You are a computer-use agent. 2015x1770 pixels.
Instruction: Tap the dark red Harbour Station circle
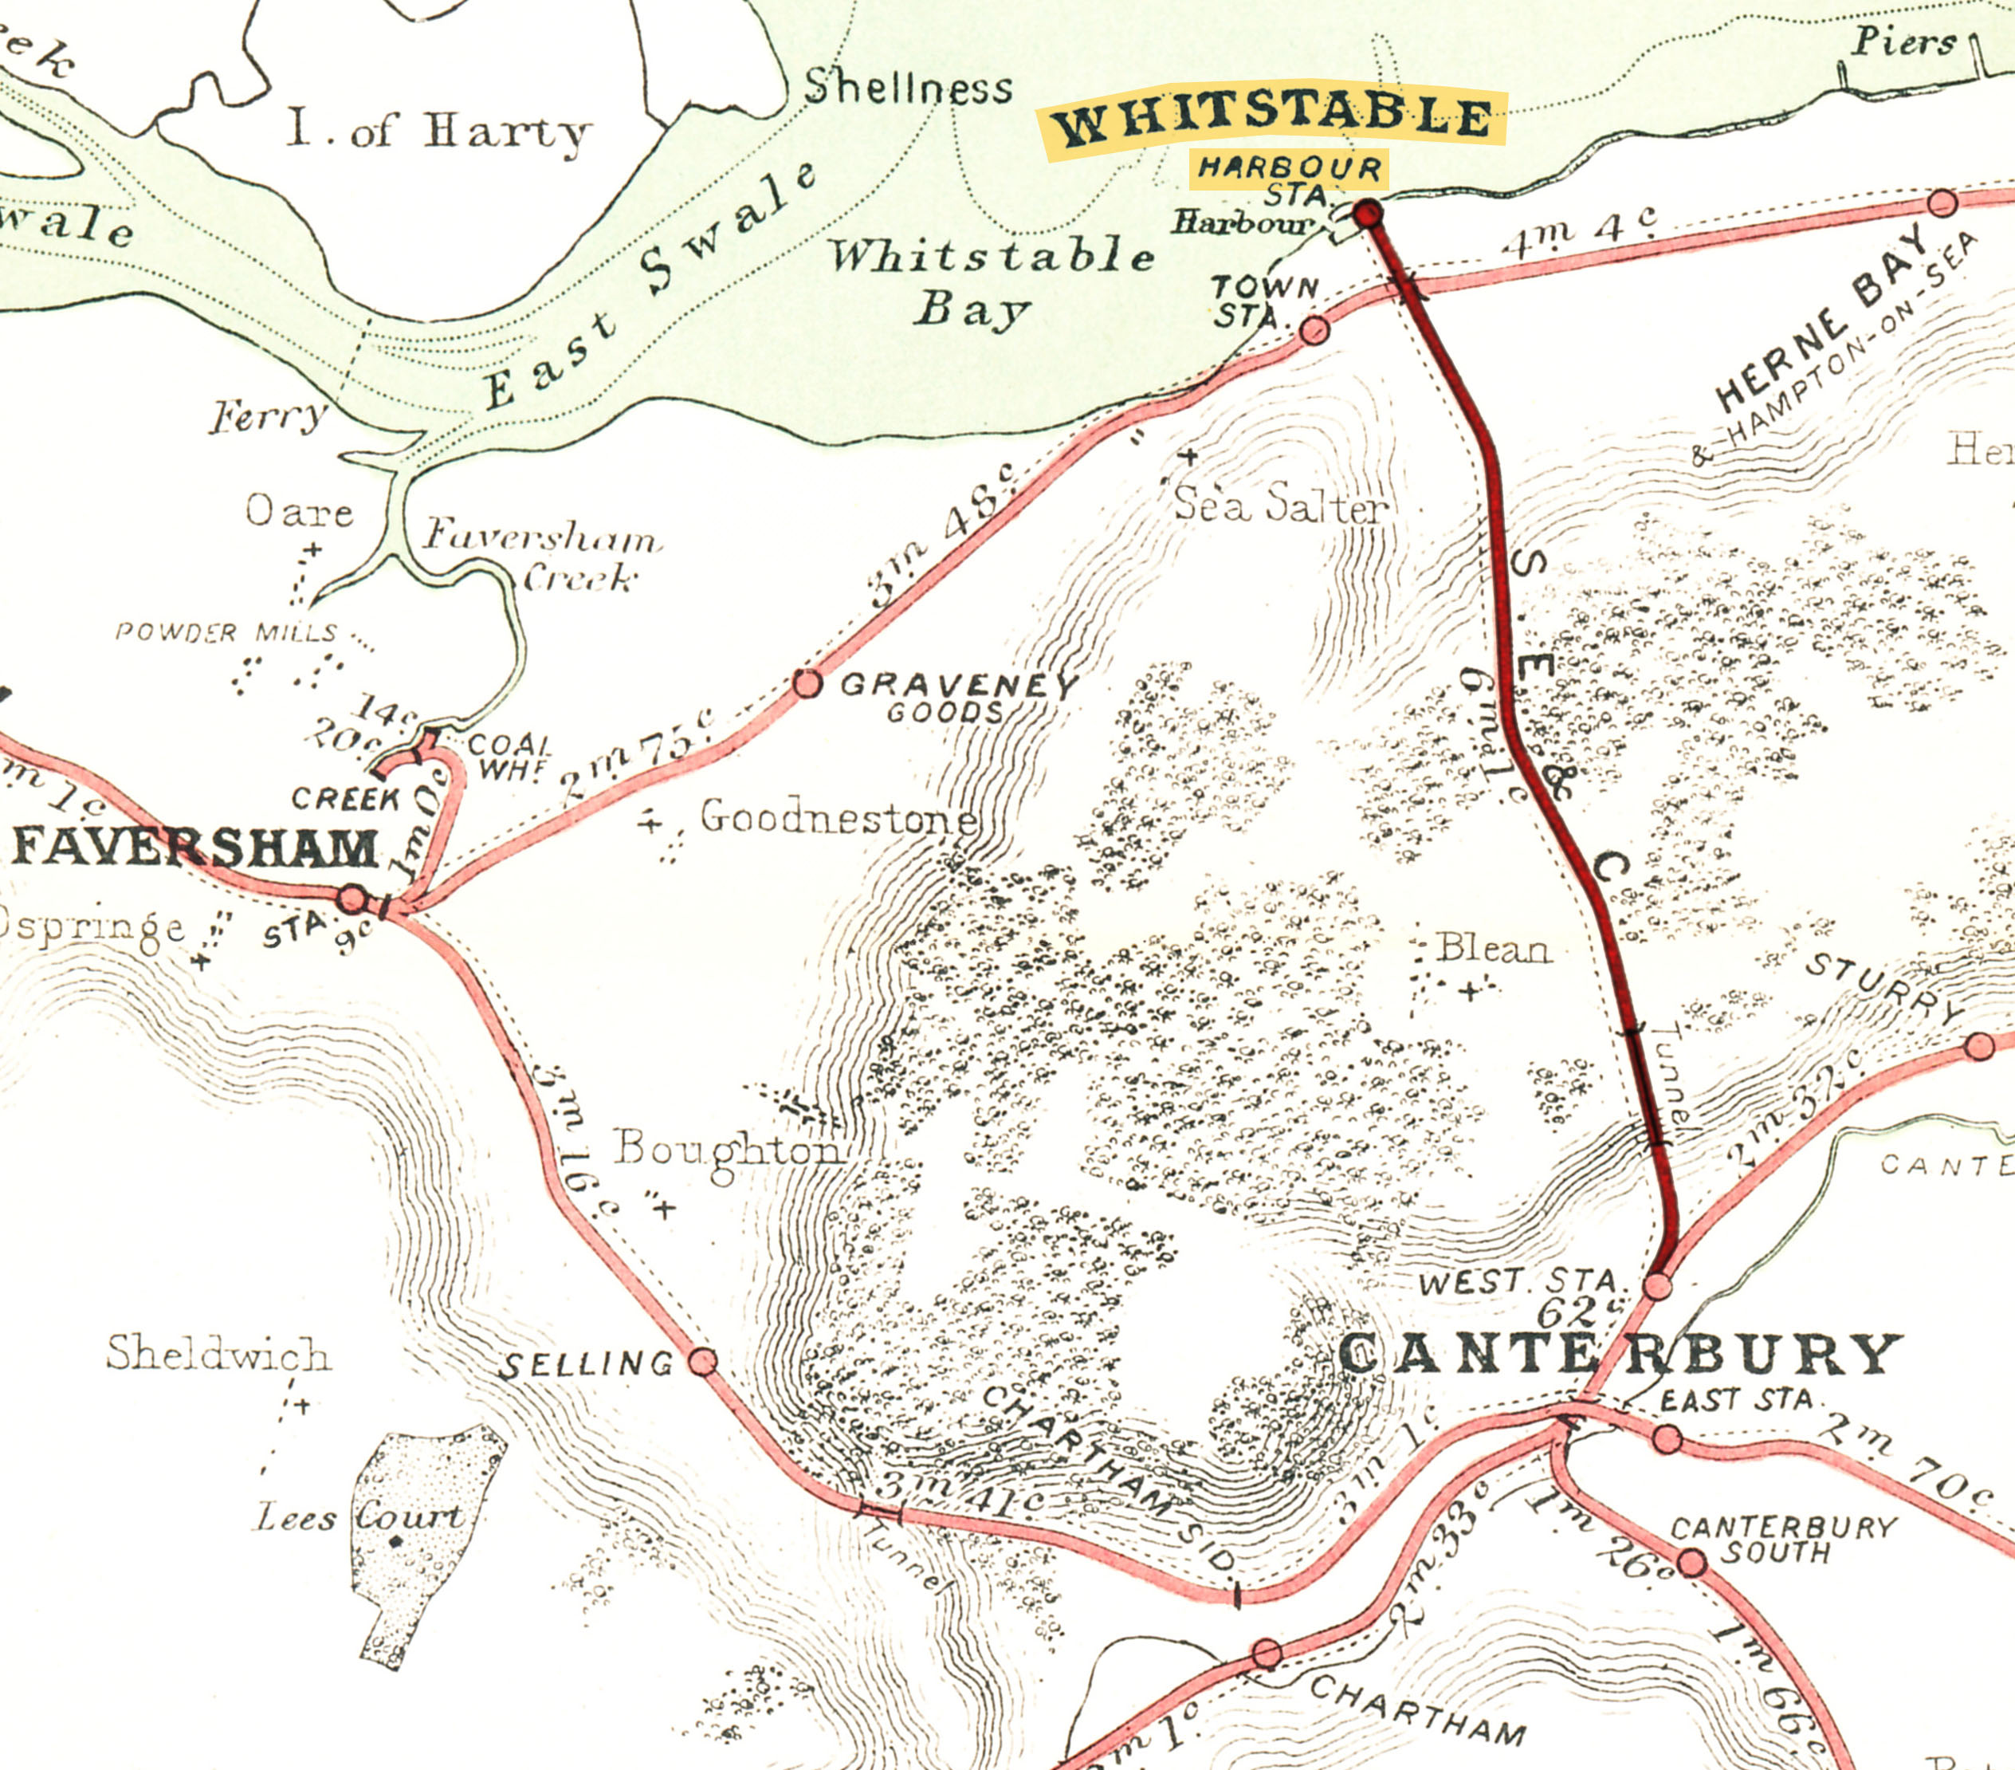[1367, 213]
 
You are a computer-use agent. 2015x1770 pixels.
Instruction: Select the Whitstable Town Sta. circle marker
[1314, 330]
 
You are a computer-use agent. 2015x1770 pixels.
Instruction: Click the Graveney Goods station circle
[807, 683]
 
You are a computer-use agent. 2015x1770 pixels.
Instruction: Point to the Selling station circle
[702, 1362]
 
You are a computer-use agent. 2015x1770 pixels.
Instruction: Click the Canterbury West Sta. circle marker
[1658, 1286]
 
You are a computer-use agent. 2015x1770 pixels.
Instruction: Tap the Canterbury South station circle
[1691, 1563]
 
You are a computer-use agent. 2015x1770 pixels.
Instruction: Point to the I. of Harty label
[438, 131]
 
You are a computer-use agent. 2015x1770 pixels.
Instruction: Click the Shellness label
[908, 88]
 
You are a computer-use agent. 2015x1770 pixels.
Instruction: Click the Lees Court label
[359, 1516]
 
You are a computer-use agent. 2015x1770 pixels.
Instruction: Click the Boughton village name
[728, 1150]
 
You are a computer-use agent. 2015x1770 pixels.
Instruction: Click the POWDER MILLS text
[226, 632]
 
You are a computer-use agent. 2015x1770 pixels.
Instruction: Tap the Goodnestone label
[838, 817]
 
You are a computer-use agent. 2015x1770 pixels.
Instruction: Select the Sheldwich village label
[218, 1354]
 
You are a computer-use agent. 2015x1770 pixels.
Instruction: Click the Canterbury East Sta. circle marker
[1667, 1438]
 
